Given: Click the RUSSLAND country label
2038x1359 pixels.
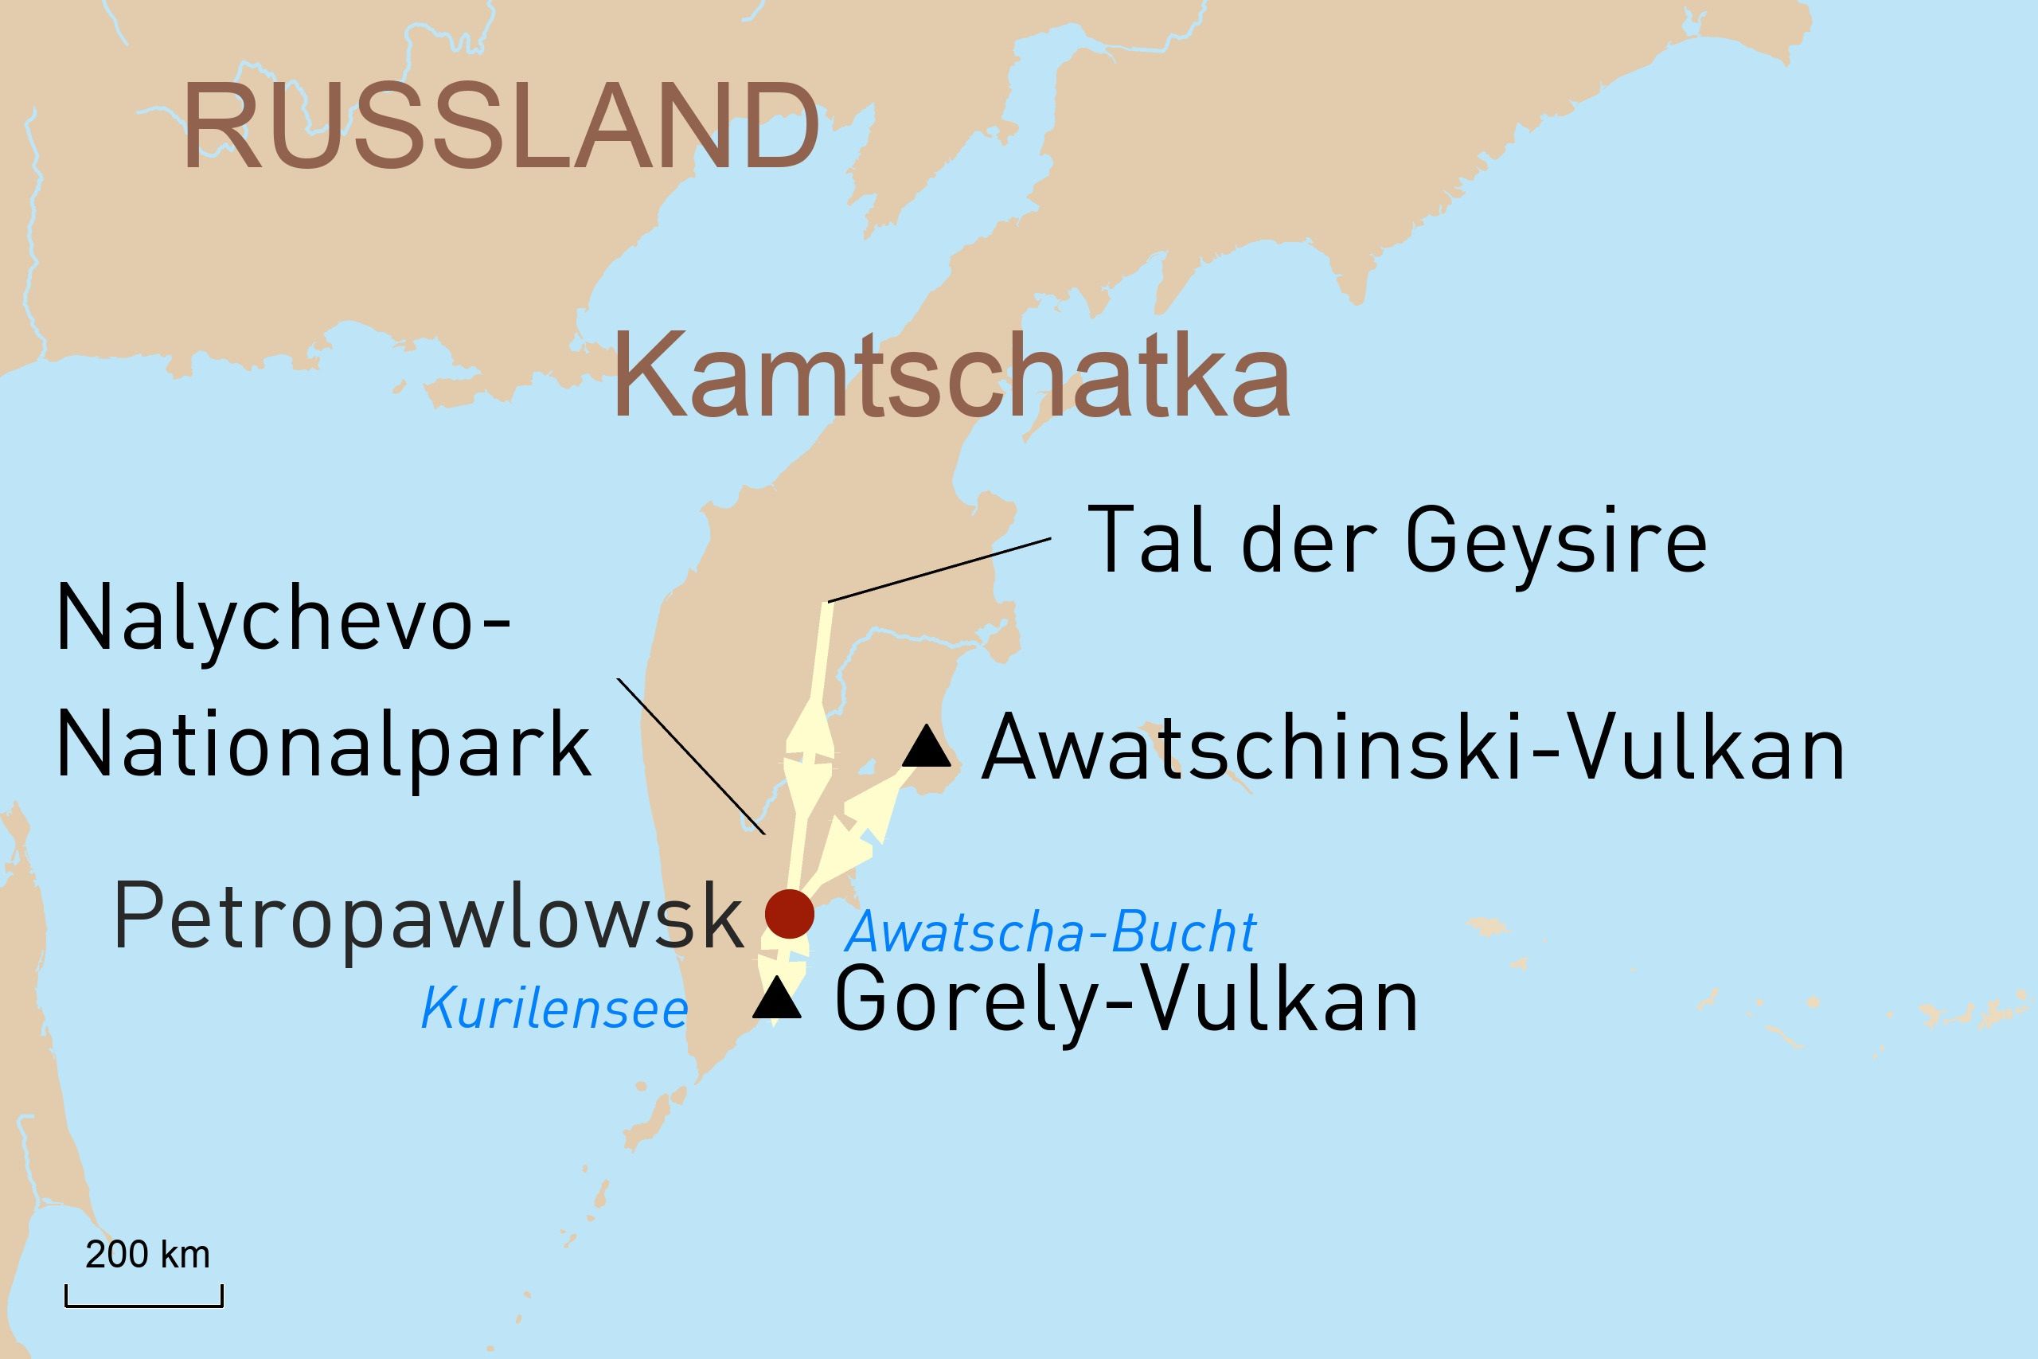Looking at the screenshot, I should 501,128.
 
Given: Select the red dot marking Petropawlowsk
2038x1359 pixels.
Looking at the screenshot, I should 790,913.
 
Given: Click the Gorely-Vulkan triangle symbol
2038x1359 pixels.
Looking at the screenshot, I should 776,998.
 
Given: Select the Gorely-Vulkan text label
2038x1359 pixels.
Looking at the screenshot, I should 1126,1001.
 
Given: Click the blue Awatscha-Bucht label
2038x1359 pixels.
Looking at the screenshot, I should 1050,932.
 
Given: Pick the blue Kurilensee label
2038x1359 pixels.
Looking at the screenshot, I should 555,1009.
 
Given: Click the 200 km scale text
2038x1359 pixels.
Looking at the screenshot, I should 147,1256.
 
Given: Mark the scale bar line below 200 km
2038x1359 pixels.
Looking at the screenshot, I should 144,1304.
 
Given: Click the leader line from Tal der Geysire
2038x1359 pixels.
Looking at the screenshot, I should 940,569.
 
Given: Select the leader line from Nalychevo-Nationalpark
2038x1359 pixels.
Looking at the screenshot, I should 690,756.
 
